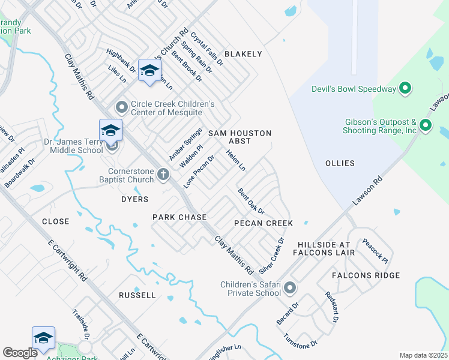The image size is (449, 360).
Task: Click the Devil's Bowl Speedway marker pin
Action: tap(405, 89)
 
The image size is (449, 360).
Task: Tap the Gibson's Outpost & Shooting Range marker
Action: tap(426, 125)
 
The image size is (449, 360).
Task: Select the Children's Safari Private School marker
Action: tap(290, 288)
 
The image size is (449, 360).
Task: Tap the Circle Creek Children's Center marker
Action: tap(122, 108)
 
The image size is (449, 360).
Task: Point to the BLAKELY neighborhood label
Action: tap(243, 54)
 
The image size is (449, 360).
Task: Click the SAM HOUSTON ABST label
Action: tap(240, 137)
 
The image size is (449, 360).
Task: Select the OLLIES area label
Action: tap(340, 163)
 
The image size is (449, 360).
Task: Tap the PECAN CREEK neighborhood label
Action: tap(264, 223)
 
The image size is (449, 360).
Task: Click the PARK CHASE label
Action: tap(179, 217)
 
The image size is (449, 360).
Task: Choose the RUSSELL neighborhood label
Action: tap(137, 295)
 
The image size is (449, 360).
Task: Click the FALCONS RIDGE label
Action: tap(366, 275)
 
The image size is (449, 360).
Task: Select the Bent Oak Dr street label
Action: tap(251, 202)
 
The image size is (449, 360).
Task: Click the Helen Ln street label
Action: tap(235, 160)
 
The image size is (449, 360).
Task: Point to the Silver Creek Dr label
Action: tap(271, 253)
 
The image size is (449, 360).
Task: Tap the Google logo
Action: tap(20, 353)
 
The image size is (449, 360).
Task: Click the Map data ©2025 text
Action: tap(423, 355)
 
